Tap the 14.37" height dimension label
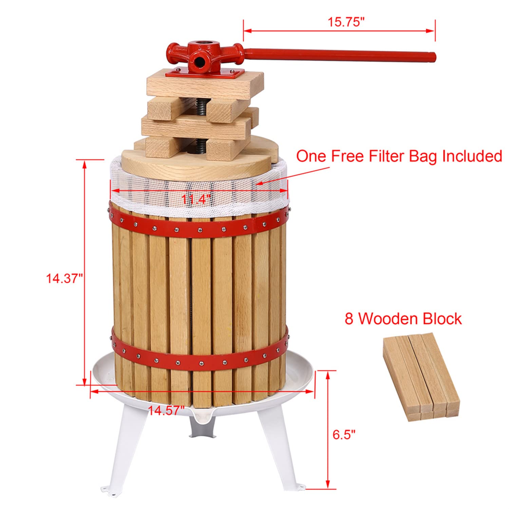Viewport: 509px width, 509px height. tap(64, 279)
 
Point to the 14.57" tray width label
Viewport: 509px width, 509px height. tap(166, 410)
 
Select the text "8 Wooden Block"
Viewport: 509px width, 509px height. tap(403, 319)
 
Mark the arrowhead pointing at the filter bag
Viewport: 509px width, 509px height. tap(260, 184)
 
